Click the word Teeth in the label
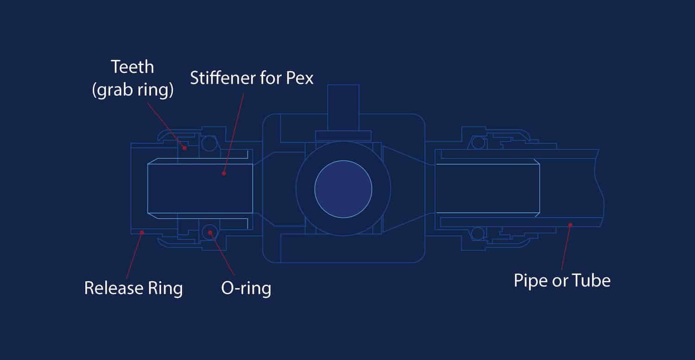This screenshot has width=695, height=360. pos(133,67)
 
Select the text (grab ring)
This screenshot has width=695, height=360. pos(133,90)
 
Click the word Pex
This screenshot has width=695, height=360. pos(299,78)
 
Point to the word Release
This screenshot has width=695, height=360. pos(114,288)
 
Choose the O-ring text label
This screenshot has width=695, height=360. pos(246,289)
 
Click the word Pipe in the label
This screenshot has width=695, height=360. pos(531,281)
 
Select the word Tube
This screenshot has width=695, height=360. pos(591,281)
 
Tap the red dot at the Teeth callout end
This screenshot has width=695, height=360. pos(184,148)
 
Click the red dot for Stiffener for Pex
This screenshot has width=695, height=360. pos(224,173)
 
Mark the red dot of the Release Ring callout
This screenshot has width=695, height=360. pos(142,233)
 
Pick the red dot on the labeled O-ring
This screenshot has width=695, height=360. pos(210,233)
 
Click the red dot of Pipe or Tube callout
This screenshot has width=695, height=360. pos(570,225)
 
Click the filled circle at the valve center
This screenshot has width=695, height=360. pos(343,189)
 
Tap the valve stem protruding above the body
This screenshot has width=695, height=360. pos(343,107)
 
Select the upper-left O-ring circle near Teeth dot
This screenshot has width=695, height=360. pos(209,143)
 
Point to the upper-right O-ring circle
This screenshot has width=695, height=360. pos(478,143)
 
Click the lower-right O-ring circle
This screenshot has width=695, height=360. pos(478,234)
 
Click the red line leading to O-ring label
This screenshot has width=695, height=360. pos(222,253)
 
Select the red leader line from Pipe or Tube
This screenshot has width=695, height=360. pos(566,247)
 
